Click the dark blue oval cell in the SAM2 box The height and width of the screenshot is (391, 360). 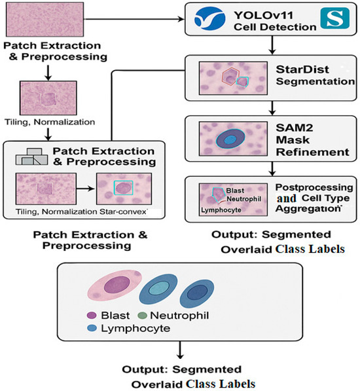pyautogui.click(x=229, y=138)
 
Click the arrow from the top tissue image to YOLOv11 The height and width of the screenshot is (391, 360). pyautogui.click(x=131, y=19)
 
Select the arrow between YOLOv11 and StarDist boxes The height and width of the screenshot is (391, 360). pyautogui.click(x=271, y=44)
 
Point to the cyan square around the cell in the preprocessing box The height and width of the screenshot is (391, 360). pyautogui.click(x=123, y=188)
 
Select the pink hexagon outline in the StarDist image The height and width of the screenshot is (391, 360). pyautogui.click(x=231, y=75)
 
